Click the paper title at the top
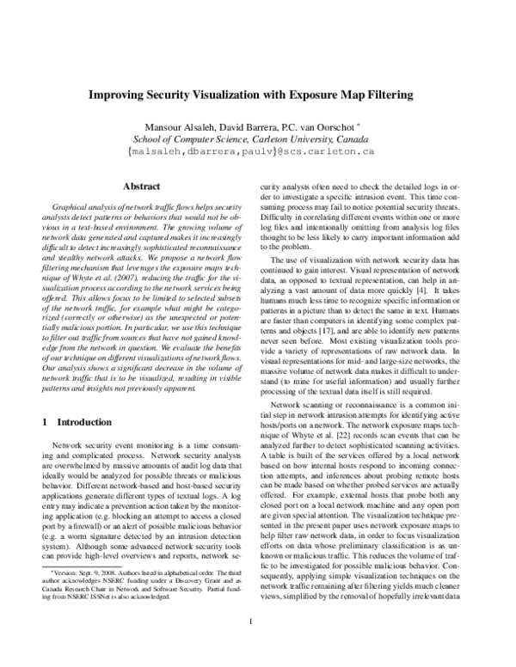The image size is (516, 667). (x=257, y=97)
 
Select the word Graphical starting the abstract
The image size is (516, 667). (x=72, y=208)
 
